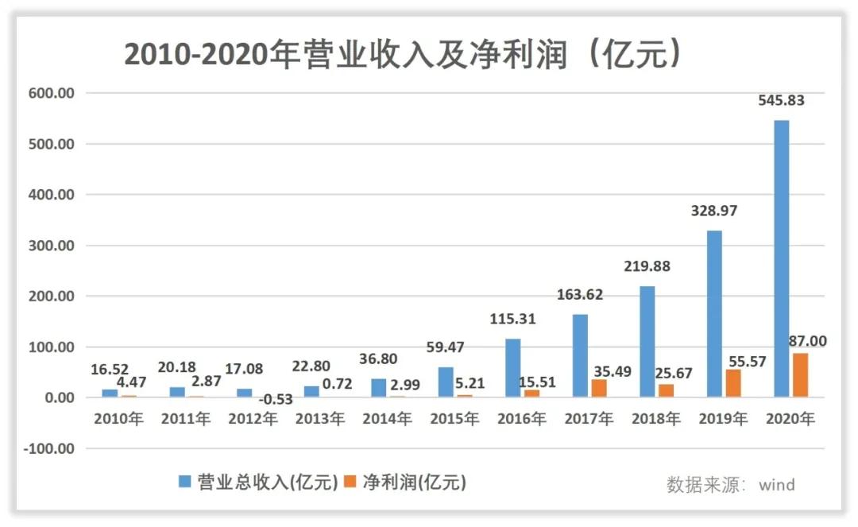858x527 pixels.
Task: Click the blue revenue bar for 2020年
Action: [x=781, y=258]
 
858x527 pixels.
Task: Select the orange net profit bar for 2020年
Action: [x=799, y=375]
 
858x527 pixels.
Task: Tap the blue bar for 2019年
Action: [x=714, y=314]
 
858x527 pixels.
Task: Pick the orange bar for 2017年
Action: [x=599, y=388]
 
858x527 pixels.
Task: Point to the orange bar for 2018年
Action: [x=666, y=390]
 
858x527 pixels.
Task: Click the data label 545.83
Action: [x=779, y=101]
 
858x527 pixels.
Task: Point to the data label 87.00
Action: [x=806, y=342]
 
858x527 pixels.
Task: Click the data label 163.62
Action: [x=578, y=295]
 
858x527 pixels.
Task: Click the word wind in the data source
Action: [x=776, y=484]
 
